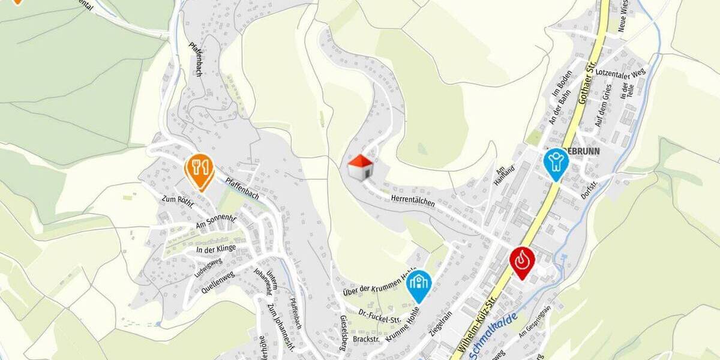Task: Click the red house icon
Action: coord(361,167)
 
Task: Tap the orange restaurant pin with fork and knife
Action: coord(199,169)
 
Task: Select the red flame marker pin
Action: coord(522,260)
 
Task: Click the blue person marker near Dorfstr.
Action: coord(556,162)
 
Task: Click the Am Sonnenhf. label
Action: coord(216,221)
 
